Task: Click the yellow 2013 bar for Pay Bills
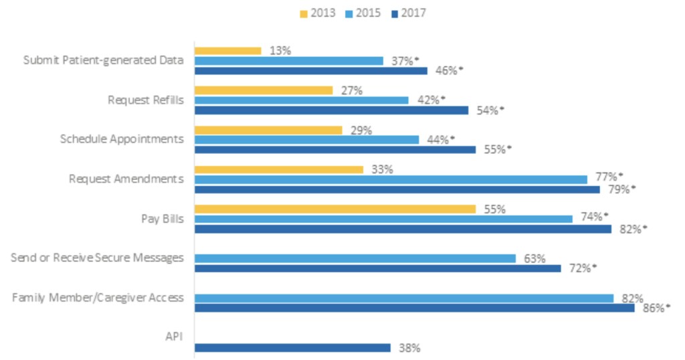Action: click(x=334, y=209)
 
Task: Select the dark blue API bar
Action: click(x=292, y=347)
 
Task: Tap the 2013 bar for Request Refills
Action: click(x=263, y=90)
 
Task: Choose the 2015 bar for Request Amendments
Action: click(x=391, y=179)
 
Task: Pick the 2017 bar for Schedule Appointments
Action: click(x=334, y=149)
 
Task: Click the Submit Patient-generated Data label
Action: click(x=103, y=60)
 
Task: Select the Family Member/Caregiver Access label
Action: click(x=98, y=298)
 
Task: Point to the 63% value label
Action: click(x=534, y=258)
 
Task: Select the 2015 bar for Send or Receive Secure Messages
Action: click(x=355, y=258)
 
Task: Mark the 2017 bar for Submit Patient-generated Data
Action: click(x=310, y=70)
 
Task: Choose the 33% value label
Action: click(x=382, y=169)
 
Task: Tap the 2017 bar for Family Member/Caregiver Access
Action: click(x=414, y=308)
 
